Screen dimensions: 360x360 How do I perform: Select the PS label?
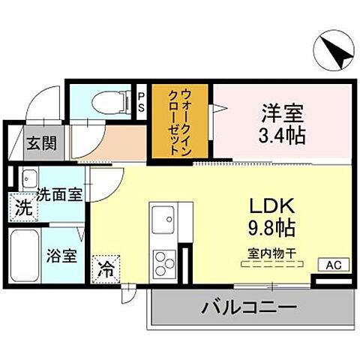[x=141, y=101]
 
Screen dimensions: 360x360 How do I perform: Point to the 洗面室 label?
[x=59, y=193]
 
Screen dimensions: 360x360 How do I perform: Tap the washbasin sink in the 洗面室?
[x=28, y=179]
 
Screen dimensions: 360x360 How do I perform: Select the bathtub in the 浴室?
[x=28, y=256]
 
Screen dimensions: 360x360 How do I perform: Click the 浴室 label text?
[x=61, y=256]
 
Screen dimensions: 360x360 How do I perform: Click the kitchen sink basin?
[x=163, y=219]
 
